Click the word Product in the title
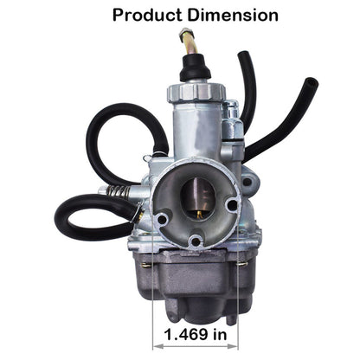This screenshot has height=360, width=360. coord(147,16)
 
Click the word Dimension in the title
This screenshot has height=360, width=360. coord(233,15)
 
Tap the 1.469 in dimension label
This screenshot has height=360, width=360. coord(196,335)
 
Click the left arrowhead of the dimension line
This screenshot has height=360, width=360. coord(157,345)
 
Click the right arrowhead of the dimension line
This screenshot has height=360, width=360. coord(233,345)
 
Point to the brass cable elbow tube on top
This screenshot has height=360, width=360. coord(190,41)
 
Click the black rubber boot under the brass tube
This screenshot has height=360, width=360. coord(195,67)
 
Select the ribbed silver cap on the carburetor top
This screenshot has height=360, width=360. coord(196,92)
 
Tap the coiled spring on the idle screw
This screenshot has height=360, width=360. coord(119,191)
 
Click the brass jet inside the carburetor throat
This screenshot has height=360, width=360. coord(199,214)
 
